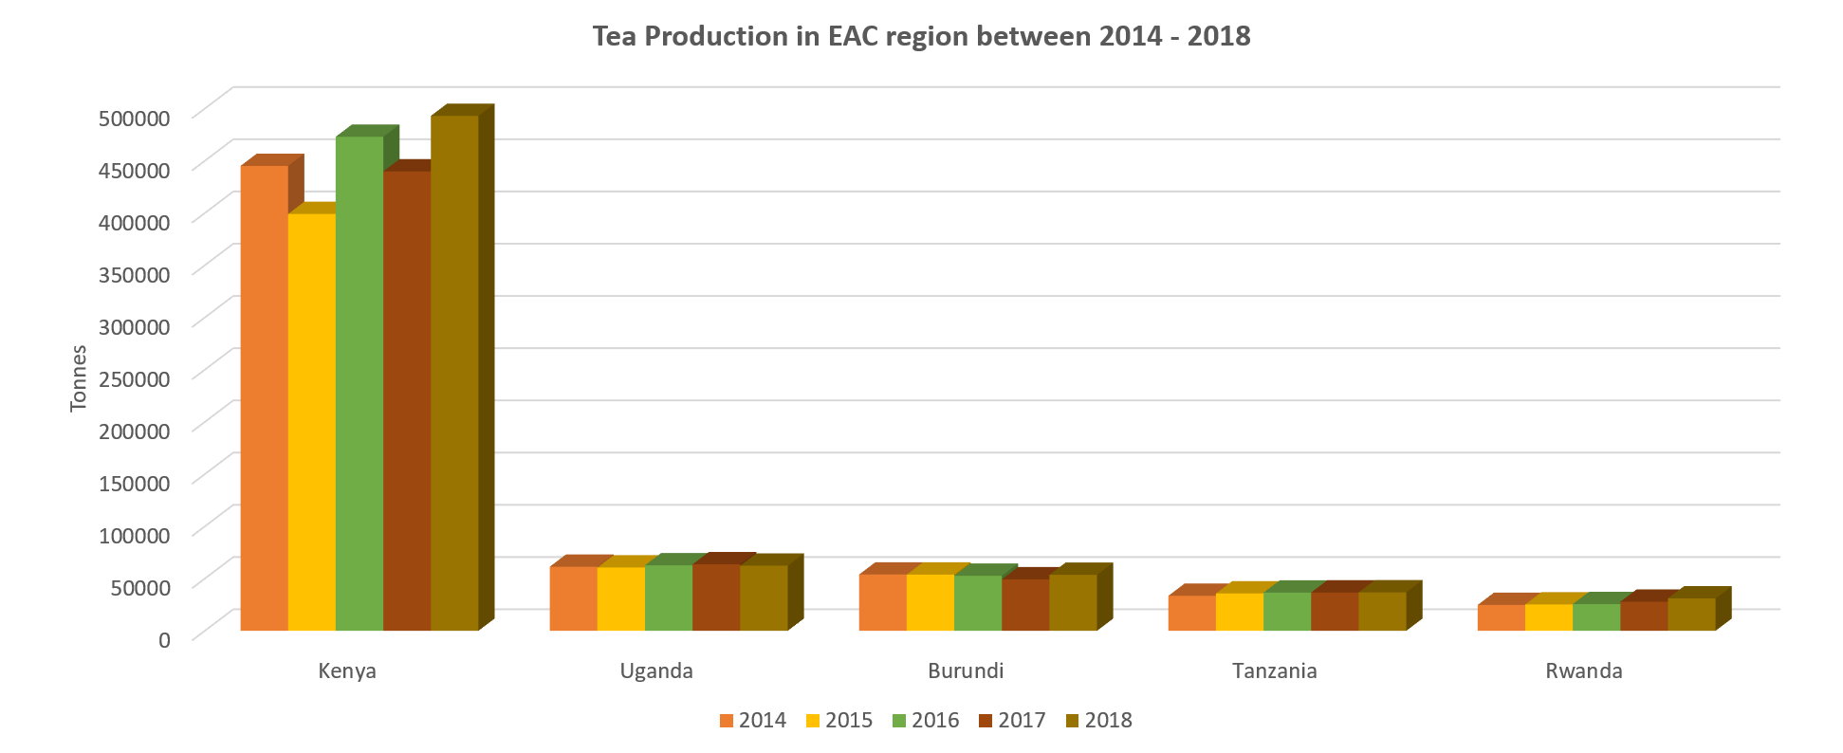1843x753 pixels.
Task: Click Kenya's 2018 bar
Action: [454, 373]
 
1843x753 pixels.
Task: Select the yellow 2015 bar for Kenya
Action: [311, 422]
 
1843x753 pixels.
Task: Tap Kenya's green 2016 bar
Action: [359, 383]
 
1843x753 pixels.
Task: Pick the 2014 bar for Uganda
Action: [573, 598]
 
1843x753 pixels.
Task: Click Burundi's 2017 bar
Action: [1025, 604]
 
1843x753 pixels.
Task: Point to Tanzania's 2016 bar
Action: [1287, 612]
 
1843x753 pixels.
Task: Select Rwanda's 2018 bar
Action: [1691, 615]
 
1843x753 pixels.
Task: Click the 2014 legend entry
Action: [753, 721]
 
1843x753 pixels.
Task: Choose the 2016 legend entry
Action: [926, 721]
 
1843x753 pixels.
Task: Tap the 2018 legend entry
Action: [1098, 721]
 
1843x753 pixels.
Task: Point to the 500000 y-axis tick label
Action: [135, 118]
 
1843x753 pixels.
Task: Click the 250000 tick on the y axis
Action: [135, 378]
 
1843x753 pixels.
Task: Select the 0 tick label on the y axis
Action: [164, 640]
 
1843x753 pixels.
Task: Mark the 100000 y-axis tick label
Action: [135, 535]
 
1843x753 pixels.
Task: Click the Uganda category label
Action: [656, 671]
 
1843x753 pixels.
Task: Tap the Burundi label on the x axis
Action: [966, 671]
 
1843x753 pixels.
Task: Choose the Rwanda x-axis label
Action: [1584, 671]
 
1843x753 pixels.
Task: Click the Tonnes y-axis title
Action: [79, 377]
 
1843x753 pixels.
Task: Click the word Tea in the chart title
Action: [614, 36]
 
